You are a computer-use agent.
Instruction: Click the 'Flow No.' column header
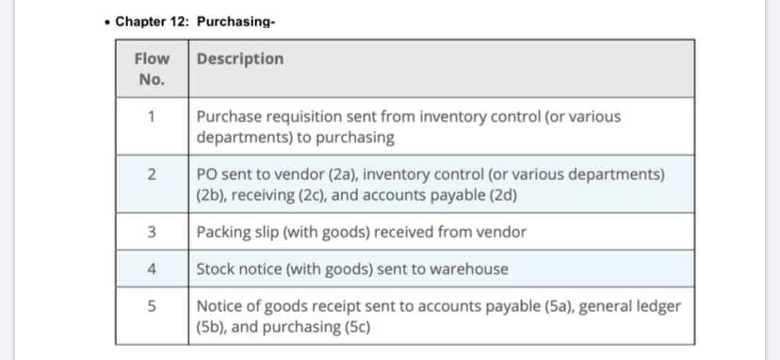coord(152,69)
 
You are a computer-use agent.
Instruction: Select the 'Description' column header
coord(239,58)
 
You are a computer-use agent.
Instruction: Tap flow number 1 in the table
coord(152,118)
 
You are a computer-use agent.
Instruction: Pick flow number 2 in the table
coord(152,175)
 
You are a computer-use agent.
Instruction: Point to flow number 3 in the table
coord(152,232)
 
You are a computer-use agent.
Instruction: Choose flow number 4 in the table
coord(152,269)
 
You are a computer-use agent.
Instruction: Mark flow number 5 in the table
coord(152,307)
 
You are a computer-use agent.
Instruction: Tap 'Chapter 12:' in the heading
coord(151,22)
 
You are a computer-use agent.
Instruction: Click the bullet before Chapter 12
coord(108,22)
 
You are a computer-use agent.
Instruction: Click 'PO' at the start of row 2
coord(207,175)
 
